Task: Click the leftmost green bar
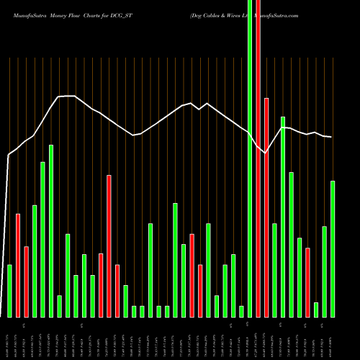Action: (x=10, y=291)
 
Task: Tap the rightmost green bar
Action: (x=333, y=248)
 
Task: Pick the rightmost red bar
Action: (x=307, y=282)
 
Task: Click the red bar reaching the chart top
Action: (x=258, y=158)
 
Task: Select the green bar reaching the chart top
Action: (x=250, y=158)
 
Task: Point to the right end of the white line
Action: (x=331, y=137)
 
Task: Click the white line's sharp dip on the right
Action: (x=264, y=152)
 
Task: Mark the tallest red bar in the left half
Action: (x=109, y=246)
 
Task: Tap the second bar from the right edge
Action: (x=325, y=271)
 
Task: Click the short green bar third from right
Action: (x=316, y=310)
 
